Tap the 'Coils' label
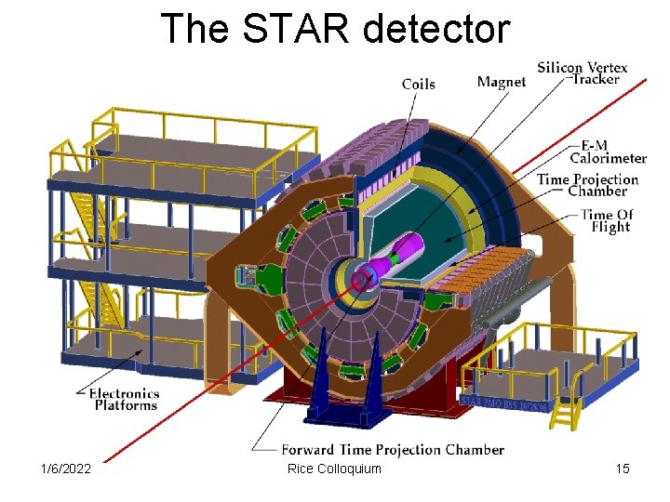[419, 85]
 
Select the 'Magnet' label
[501, 82]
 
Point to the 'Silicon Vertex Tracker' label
[583, 73]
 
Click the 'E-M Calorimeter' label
[608, 152]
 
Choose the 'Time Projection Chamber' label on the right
[588, 185]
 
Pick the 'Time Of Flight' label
[607, 220]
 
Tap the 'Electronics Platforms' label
[125, 399]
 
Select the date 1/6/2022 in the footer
[65, 469]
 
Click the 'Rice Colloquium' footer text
[335, 469]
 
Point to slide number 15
[623, 469]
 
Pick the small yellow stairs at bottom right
[564, 403]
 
